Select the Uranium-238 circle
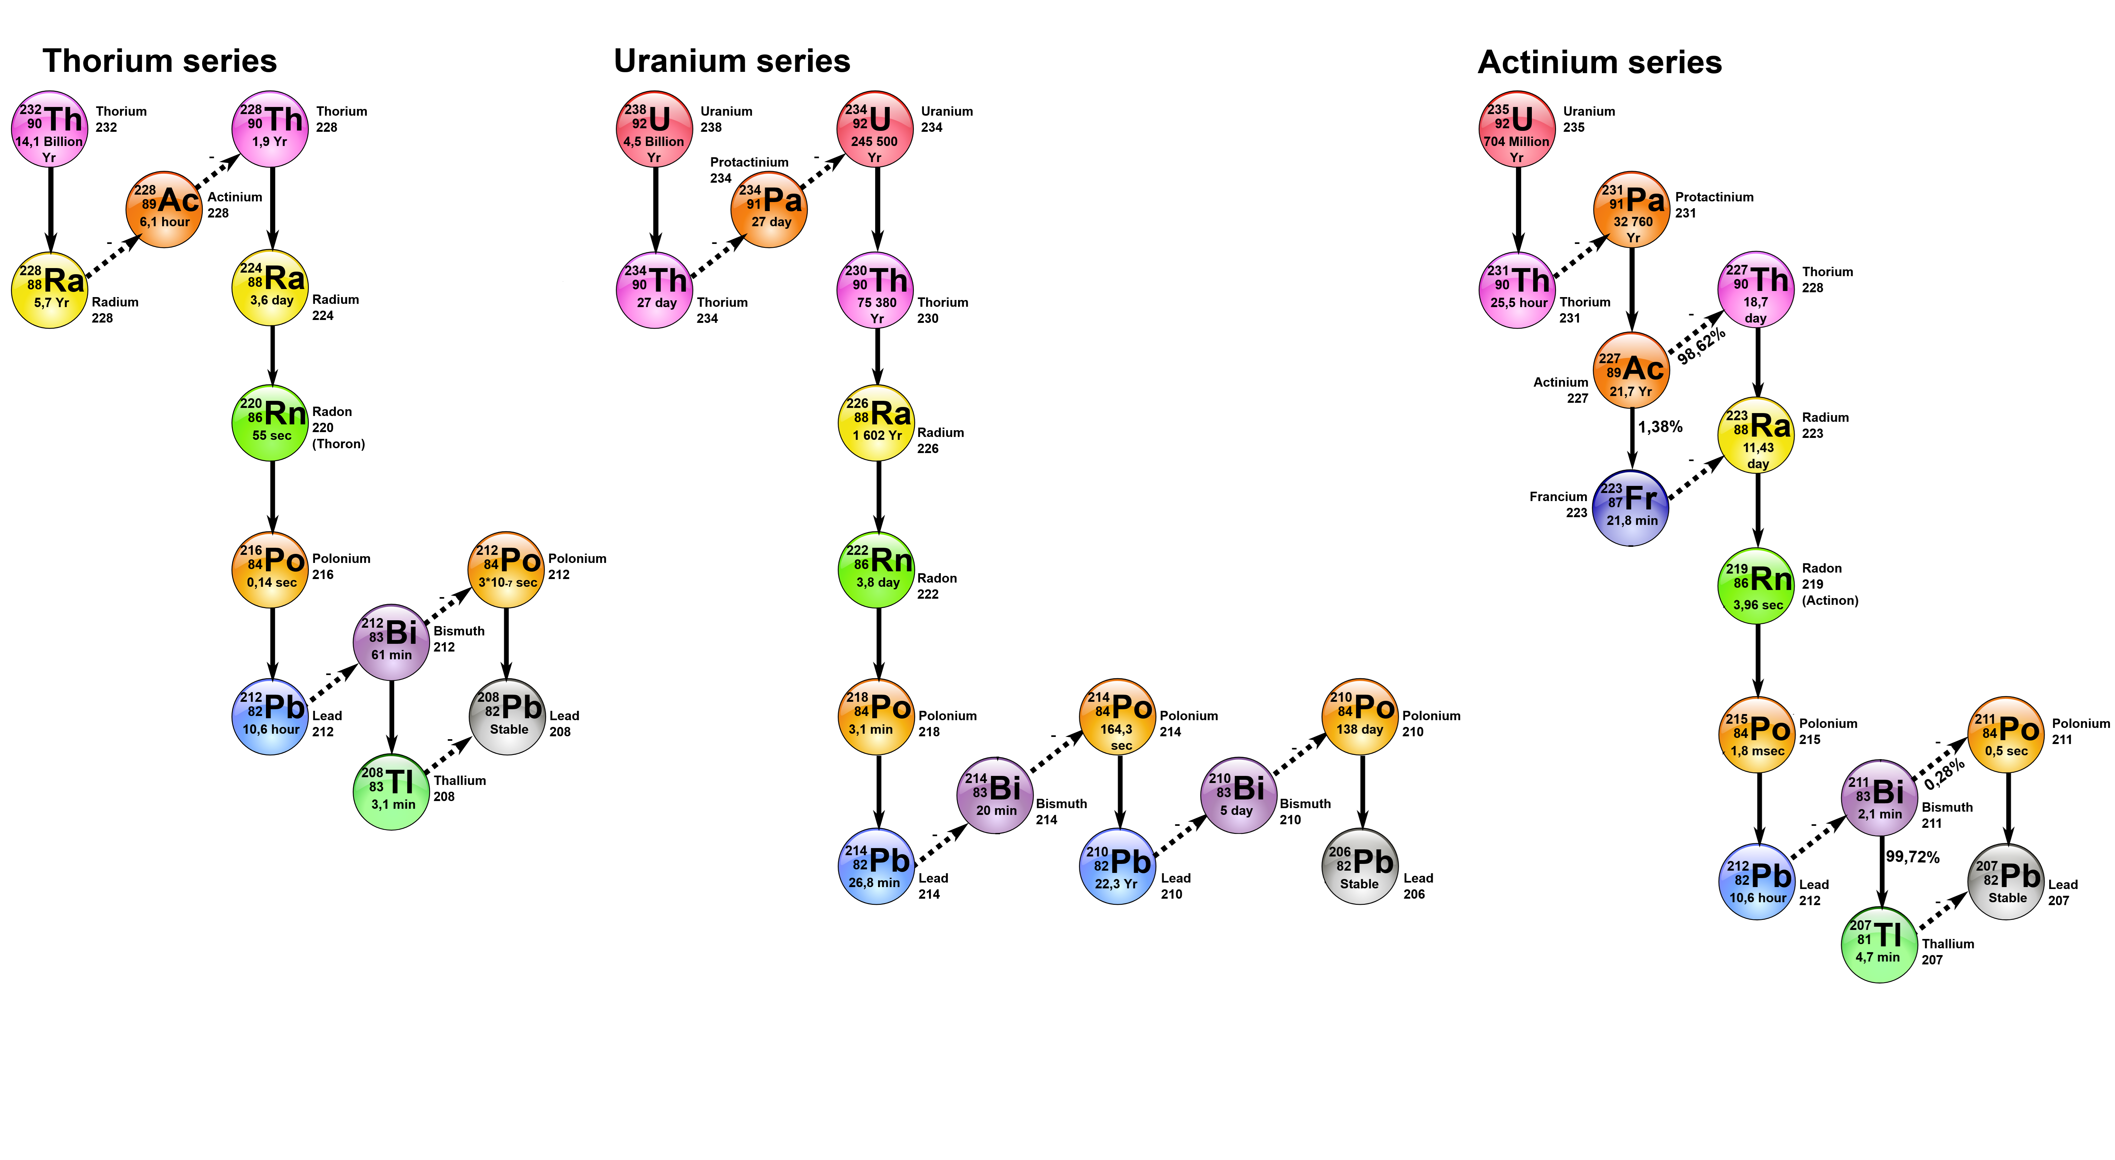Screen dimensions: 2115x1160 click(654, 129)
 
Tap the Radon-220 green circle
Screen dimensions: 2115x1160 click(271, 423)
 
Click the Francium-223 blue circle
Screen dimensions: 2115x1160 click(1630, 508)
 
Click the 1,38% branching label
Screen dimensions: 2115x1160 click(1660, 427)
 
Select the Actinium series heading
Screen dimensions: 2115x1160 click(1600, 63)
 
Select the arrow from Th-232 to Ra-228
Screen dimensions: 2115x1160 click(51, 209)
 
